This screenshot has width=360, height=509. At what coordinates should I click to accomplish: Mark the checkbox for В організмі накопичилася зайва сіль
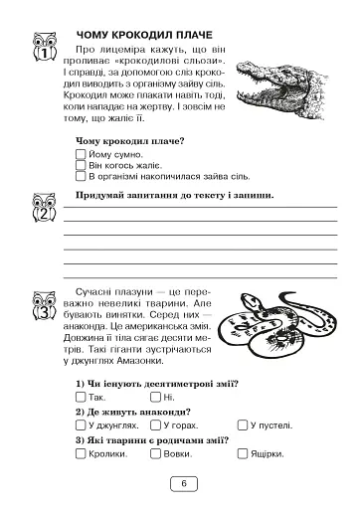point(81,177)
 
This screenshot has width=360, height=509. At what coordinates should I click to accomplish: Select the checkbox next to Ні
point(156,397)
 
